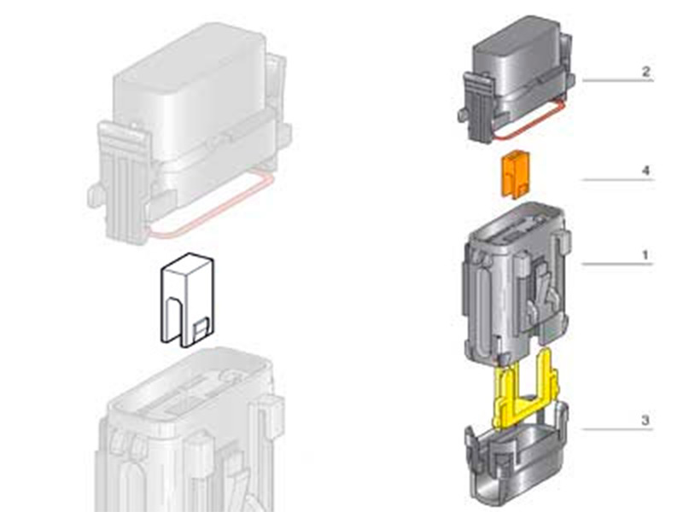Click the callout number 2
point(646,72)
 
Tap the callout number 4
point(646,171)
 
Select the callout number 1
point(646,255)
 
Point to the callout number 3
point(645,421)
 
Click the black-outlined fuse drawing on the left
point(187,300)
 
